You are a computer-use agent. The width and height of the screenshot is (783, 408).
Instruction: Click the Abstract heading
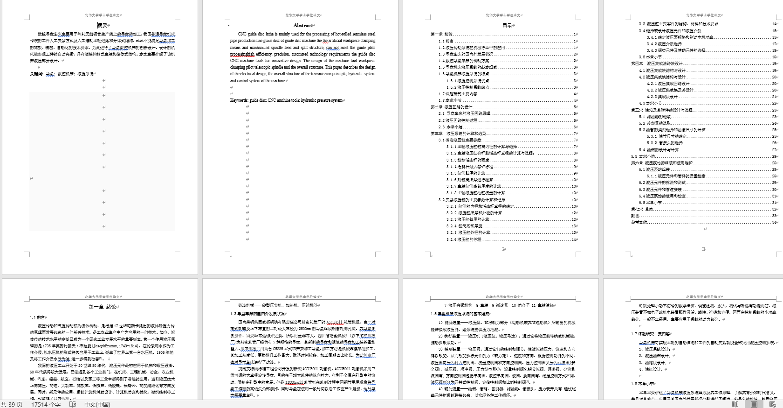302,25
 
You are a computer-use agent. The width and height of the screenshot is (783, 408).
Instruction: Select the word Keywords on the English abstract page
239,100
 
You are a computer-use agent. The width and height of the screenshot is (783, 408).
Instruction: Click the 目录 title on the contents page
507,25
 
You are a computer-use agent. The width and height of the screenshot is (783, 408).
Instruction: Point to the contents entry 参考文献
639,222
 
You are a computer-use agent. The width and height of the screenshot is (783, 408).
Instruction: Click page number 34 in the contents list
774,222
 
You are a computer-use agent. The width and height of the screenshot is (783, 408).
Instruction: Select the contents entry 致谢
635,216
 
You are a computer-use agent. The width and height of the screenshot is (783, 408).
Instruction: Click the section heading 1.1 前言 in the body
37,317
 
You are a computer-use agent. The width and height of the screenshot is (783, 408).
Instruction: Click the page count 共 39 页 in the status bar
12,404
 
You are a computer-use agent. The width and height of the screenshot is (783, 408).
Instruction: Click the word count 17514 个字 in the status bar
46,404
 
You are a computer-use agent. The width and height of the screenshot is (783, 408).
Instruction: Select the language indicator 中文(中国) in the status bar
97,404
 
